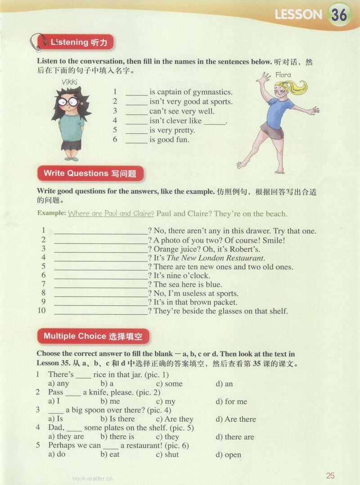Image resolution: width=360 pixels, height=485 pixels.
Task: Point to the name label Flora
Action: coord(283,75)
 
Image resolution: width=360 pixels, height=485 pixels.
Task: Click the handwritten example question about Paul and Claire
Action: coord(111,214)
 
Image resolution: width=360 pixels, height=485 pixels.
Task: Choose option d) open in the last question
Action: coord(229,454)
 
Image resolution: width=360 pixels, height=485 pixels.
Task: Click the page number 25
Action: coord(331,476)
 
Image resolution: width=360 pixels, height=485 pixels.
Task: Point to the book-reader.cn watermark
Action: coord(92,479)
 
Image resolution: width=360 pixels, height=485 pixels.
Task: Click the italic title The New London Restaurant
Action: coord(216,258)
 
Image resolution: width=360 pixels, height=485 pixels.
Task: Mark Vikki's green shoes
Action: coord(71,158)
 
